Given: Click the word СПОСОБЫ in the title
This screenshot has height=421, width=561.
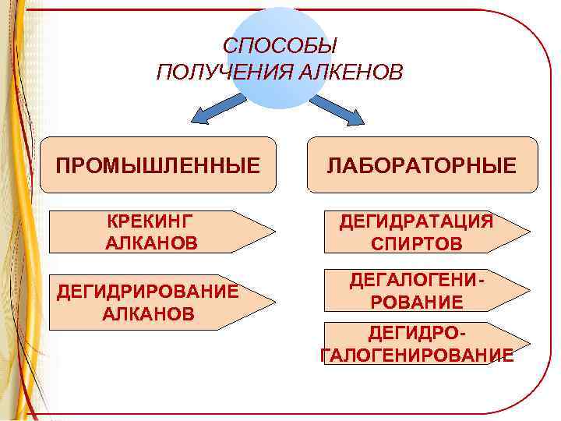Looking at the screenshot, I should (280, 46).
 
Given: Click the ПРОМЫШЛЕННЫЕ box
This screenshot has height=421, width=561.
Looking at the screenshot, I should (158, 165).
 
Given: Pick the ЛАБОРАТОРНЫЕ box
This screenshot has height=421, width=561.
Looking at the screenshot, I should (422, 165).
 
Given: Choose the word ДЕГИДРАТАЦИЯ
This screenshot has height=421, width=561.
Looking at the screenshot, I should (416, 221).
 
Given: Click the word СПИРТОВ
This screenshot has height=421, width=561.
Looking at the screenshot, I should (417, 243).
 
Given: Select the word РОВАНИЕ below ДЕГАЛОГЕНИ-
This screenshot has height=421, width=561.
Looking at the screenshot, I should (417, 302).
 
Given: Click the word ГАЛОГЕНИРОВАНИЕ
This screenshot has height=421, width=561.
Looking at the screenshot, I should (417, 356).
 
